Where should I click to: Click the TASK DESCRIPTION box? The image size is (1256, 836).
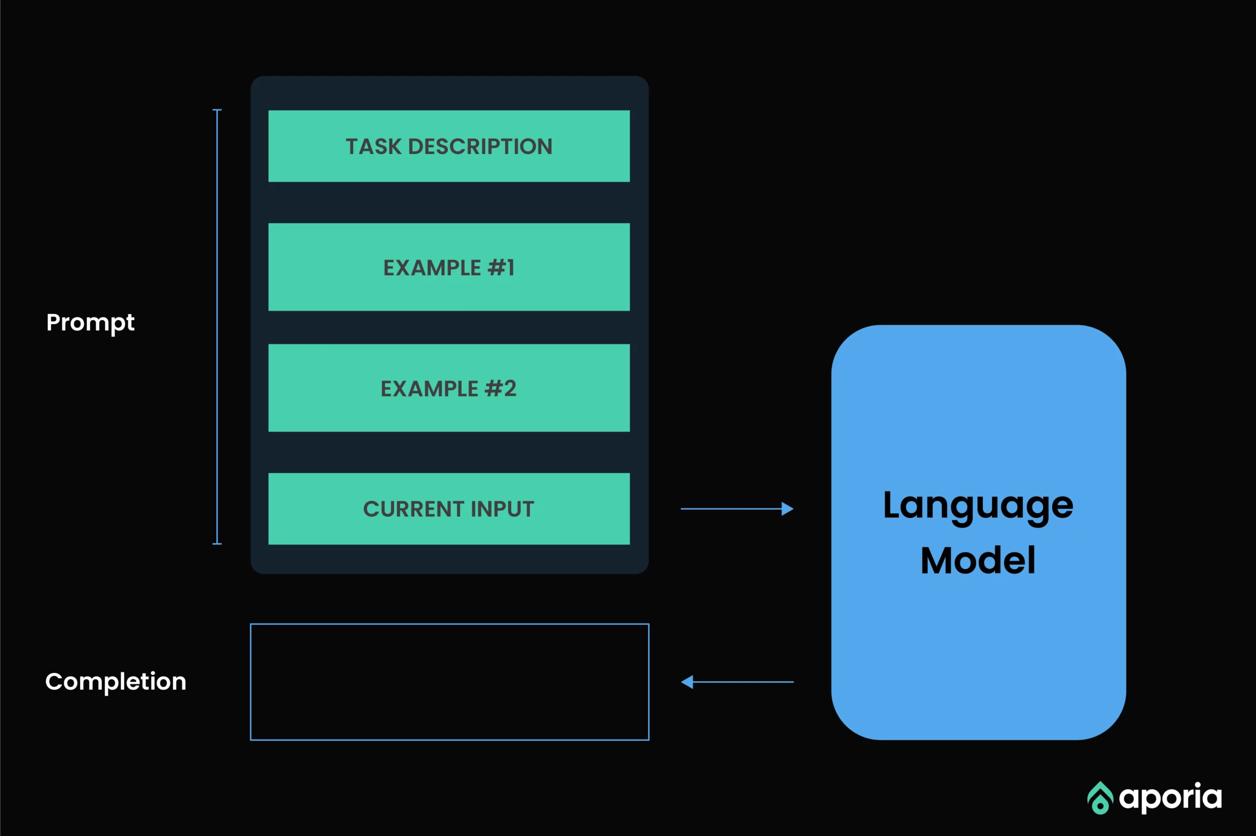click(x=449, y=146)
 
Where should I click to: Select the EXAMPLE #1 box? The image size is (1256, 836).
click(x=449, y=267)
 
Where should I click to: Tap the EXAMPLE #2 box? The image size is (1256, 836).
click(x=449, y=388)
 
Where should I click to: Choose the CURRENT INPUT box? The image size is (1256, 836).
click(x=449, y=509)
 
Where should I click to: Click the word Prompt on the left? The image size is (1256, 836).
click(x=90, y=323)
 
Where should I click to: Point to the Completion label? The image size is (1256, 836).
click(x=116, y=682)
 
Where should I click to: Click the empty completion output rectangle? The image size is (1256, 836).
click(x=450, y=624)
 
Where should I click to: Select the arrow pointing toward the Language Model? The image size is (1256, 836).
click(x=737, y=509)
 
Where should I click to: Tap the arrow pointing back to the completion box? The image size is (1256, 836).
click(x=737, y=682)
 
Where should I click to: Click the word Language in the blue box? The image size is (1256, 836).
click(x=978, y=507)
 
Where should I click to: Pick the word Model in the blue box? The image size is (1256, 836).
click(x=978, y=560)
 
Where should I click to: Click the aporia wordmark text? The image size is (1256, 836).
click(x=1170, y=798)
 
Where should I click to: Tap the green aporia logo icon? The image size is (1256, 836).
click(x=1100, y=798)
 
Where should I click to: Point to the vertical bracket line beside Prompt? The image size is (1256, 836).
click(x=217, y=327)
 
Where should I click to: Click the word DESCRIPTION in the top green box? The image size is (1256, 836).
click(x=480, y=147)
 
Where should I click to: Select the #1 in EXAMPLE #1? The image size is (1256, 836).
click(x=501, y=268)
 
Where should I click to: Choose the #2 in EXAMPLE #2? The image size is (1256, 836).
click(x=500, y=388)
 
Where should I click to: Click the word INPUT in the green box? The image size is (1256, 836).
click(x=502, y=509)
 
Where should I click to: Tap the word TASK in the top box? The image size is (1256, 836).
click(x=373, y=147)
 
